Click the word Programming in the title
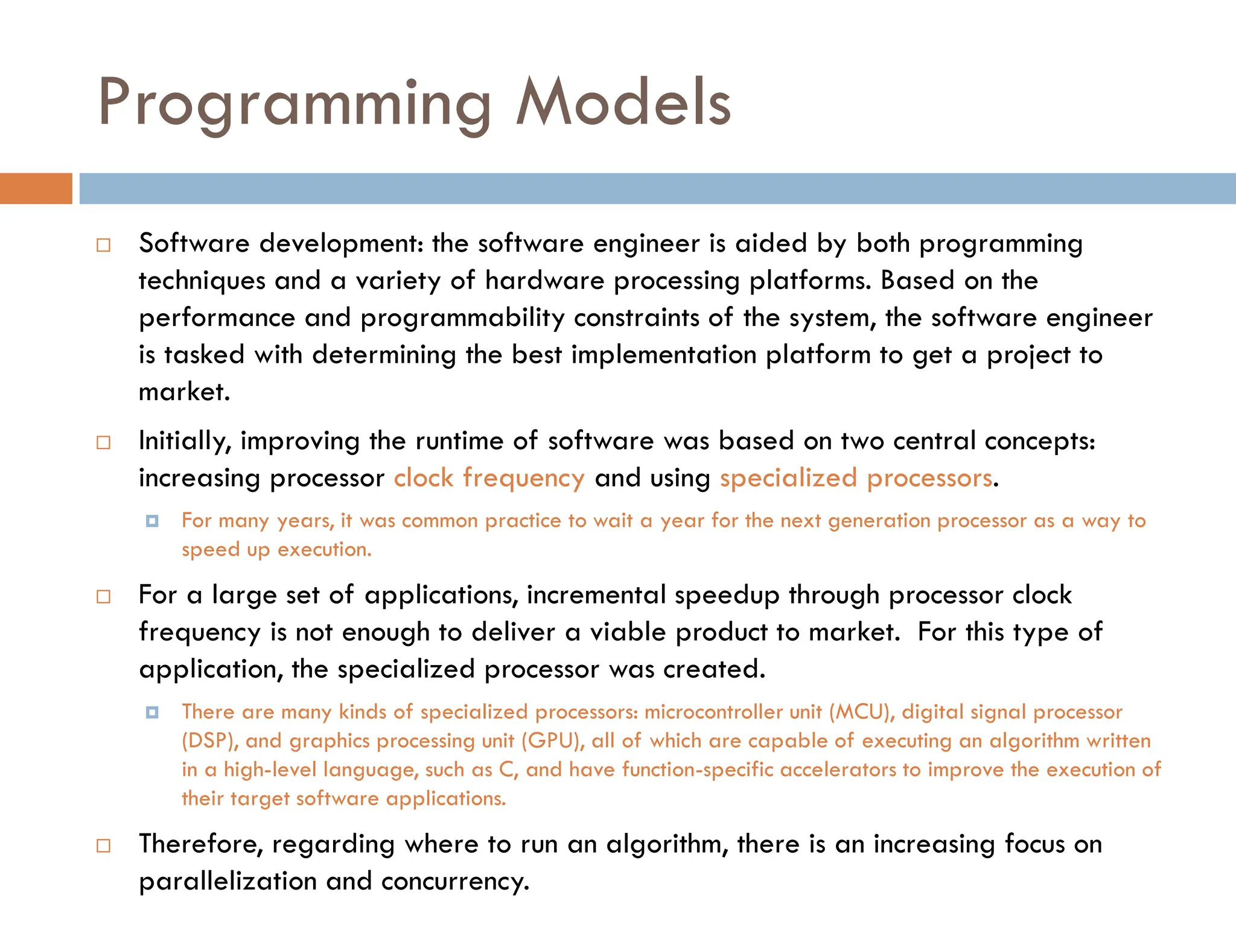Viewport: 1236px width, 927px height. tap(294, 104)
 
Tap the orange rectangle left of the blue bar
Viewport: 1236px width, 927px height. tap(36, 188)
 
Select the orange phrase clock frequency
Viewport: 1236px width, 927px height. tap(489, 478)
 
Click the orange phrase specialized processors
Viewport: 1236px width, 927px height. tap(856, 478)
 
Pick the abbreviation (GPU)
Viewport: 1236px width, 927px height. tap(552, 741)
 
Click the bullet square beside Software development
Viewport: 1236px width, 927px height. tap(104, 245)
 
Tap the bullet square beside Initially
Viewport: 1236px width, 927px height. tap(104, 442)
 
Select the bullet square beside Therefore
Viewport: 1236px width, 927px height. tap(104, 846)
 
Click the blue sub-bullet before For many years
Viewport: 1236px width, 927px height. tap(152, 521)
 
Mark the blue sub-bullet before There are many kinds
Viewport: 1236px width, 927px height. tap(152, 713)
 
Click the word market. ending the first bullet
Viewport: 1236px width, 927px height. tap(184, 392)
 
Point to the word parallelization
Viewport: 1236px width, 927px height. tap(228, 881)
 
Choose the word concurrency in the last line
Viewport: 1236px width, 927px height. tap(455, 881)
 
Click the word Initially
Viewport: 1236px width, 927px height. tap(185, 441)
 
